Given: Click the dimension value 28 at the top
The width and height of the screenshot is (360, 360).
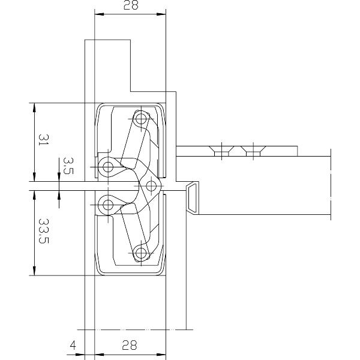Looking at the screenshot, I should [x=130, y=6].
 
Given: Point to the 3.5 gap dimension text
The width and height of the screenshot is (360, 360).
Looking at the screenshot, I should [x=67, y=166].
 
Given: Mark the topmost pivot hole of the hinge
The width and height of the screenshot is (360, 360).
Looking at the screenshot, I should [x=141, y=119].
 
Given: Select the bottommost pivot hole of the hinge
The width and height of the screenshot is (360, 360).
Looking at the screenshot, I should [x=141, y=253].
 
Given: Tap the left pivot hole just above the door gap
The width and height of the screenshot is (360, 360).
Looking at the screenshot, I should [x=108, y=166].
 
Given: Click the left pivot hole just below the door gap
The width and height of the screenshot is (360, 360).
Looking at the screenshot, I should [x=108, y=206].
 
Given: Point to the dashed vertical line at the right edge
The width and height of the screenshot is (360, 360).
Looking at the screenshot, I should [x=330, y=186].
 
